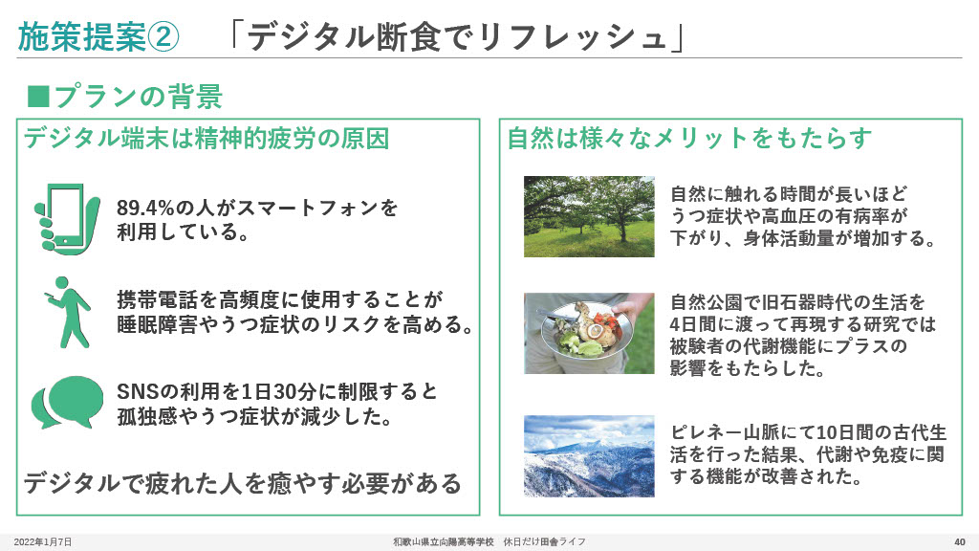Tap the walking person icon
coord(69,312)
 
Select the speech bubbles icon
coord(68,403)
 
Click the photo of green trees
coord(589,216)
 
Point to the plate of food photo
coord(589,333)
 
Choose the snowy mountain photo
coord(589,456)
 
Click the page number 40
coord(960,541)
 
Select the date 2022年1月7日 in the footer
coord(42,541)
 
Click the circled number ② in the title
coord(163,37)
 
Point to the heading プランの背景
coord(139,97)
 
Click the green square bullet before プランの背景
coord(38,97)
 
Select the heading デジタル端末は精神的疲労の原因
coord(207,138)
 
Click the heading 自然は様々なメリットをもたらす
coord(689,138)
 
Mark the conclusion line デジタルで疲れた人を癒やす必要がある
coord(242,483)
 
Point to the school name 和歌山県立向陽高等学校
coord(444,541)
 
